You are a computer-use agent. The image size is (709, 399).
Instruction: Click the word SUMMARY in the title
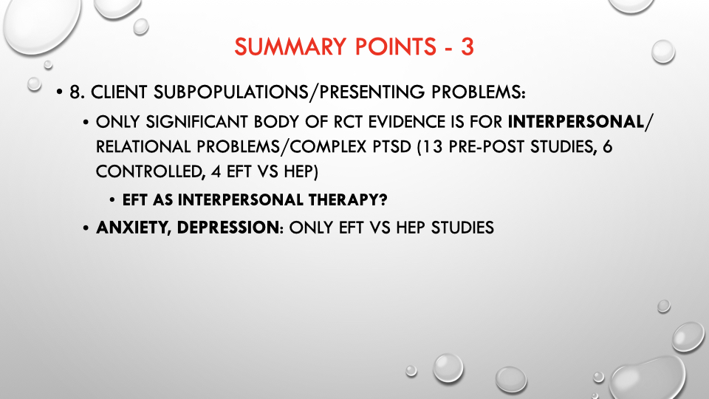coord(290,47)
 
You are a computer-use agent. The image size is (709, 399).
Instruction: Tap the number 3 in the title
coord(467,47)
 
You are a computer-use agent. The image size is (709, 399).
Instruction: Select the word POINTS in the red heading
coord(396,47)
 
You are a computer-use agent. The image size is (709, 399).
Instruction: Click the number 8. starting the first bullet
coord(77,92)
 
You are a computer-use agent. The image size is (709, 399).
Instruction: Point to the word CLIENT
coord(119,92)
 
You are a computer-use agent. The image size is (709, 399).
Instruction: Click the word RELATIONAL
coord(143,146)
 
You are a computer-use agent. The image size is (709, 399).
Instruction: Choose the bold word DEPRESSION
coord(228,227)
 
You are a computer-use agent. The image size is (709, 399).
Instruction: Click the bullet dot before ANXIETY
coord(86,228)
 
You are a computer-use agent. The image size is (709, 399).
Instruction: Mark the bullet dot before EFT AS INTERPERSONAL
coord(112,200)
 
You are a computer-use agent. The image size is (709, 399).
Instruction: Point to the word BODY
coord(275,122)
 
